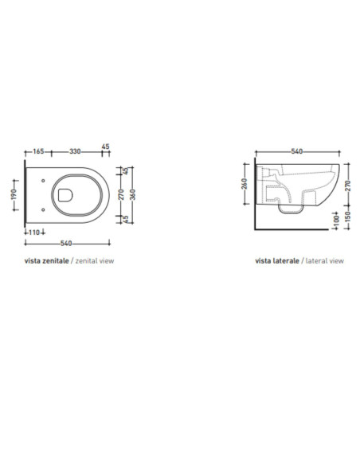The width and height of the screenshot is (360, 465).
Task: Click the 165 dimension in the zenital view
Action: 38,151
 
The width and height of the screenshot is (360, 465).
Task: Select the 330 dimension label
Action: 75,151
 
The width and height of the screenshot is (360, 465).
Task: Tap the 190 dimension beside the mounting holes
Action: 14,194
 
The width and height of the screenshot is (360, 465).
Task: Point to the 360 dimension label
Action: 133,194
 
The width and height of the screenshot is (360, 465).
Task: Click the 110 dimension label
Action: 34,232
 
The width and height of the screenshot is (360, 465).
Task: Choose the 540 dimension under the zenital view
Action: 66,243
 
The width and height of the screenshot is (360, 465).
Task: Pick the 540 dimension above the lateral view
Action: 297,151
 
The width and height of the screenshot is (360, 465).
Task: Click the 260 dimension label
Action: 245,184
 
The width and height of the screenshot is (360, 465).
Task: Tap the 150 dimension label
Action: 348,217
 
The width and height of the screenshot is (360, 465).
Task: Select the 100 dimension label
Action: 336,221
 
